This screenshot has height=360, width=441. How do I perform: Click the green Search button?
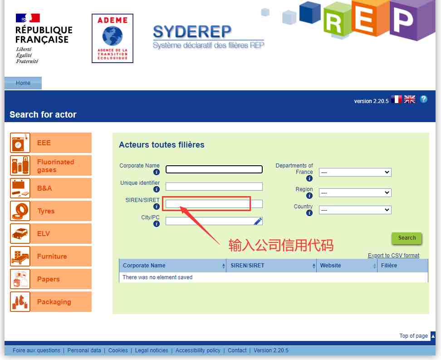[407, 238]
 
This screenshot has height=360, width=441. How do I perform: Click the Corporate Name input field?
[214, 169]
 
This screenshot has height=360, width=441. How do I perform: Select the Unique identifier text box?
[214, 186]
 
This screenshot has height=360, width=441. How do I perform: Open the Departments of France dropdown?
[355, 172]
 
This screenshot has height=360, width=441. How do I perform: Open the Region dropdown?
[355, 192]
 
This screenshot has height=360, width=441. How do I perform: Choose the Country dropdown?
[355, 210]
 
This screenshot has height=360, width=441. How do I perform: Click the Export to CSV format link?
[393, 255]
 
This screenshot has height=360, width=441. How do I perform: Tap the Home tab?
[23, 83]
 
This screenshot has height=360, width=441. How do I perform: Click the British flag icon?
[410, 99]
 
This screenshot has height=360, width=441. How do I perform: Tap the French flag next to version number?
[397, 99]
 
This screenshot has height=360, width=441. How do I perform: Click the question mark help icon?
[424, 99]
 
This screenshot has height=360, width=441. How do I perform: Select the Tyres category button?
[51, 211]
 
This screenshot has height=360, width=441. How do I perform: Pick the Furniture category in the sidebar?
[51, 256]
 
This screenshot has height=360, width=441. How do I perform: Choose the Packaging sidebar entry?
[51, 301]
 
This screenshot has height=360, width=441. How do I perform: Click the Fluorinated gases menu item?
[51, 166]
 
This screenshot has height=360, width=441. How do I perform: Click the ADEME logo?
[113, 38]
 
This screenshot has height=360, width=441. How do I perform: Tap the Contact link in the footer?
[237, 350]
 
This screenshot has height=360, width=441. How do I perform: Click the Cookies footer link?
[118, 350]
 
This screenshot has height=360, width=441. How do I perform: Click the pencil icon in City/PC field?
[258, 221]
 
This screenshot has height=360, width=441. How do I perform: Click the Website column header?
[330, 266]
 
